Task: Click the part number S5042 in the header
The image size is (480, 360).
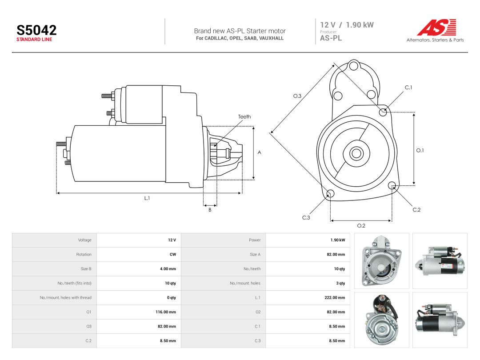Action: coord(36,30)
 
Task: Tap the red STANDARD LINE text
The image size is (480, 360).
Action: coord(34,40)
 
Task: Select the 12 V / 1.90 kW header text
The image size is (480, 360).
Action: coord(347,25)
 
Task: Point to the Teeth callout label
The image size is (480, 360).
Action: coord(244,116)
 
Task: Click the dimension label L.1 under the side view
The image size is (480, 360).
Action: coord(147,198)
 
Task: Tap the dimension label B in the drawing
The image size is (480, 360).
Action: coord(210,210)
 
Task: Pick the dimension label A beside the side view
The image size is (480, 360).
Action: coord(259,152)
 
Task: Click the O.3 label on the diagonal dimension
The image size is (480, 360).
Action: coord(297,96)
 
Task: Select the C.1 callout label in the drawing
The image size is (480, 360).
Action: coord(408,88)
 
